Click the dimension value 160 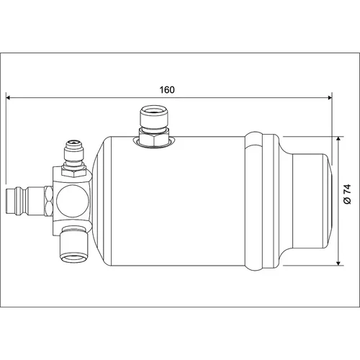coord(167,90)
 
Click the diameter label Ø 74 coord(347,194)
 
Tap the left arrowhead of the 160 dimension coord(9,97)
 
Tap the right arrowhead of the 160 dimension coord(330,97)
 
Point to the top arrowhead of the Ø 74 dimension coord(338,139)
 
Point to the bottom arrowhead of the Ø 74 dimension coord(338,263)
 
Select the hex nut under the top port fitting coord(154,140)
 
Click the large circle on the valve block coord(73,201)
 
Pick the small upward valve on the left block coord(73,153)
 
